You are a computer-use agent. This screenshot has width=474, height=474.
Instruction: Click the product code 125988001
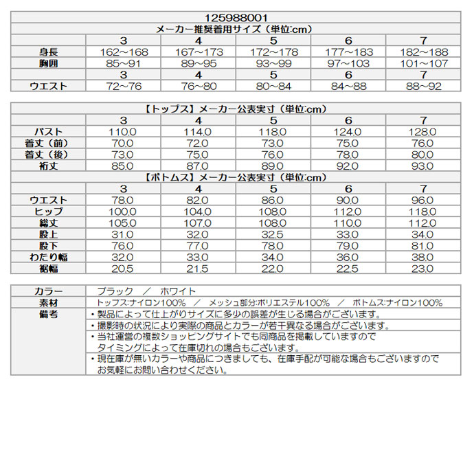(x=236, y=18)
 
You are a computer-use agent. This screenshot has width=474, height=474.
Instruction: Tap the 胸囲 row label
(x=49, y=63)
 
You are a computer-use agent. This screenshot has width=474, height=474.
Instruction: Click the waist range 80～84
(x=273, y=86)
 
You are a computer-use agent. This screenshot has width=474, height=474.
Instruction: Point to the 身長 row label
(x=49, y=52)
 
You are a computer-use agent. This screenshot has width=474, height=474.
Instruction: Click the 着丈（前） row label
(x=49, y=143)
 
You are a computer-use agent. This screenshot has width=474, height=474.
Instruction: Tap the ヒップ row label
(x=49, y=212)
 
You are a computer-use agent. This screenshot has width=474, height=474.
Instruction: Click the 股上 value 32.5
(x=273, y=234)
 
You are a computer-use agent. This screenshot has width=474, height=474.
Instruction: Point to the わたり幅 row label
(x=49, y=257)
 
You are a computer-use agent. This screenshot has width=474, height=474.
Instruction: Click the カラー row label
(x=49, y=291)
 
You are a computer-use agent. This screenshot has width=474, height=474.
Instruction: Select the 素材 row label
(x=49, y=302)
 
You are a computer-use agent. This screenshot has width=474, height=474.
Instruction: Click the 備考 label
(x=49, y=314)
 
